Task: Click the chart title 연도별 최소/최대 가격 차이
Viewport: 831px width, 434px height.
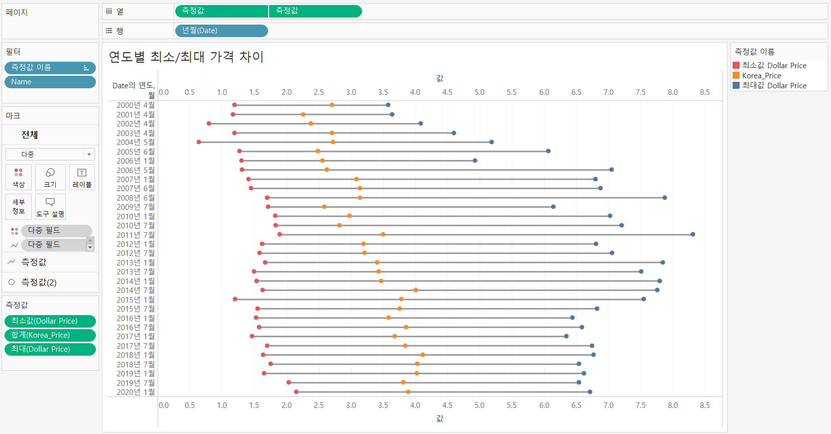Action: pos(186,57)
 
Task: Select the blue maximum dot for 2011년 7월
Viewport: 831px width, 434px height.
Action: pos(693,234)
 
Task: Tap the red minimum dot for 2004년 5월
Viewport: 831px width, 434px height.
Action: pos(199,142)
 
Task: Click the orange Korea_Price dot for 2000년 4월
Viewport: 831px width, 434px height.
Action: pos(332,105)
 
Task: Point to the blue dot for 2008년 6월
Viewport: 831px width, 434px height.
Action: pos(665,198)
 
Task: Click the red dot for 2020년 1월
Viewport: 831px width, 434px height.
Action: pos(296,392)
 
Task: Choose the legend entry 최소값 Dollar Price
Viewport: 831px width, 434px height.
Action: pos(774,65)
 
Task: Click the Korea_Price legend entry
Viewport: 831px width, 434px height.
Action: pos(761,75)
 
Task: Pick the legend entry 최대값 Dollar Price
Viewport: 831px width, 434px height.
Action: pos(774,85)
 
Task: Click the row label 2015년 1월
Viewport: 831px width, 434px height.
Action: pos(136,300)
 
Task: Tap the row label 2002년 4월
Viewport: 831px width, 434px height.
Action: pos(136,123)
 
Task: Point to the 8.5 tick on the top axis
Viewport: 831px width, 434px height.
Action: pos(705,92)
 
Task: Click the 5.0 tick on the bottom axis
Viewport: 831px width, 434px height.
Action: pos(480,405)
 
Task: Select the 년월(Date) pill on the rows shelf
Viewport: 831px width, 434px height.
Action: pos(221,31)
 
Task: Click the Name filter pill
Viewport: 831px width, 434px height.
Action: pos(50,82)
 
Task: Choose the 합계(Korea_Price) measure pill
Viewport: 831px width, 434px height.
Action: pos(50,335)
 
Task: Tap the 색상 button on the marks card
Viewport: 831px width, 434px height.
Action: pos(19,177)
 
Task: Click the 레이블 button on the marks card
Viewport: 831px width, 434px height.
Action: pos(82,177)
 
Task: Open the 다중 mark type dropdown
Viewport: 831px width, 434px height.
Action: pos(50,154)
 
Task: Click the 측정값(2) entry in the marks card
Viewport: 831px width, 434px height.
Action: pos(39,282)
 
